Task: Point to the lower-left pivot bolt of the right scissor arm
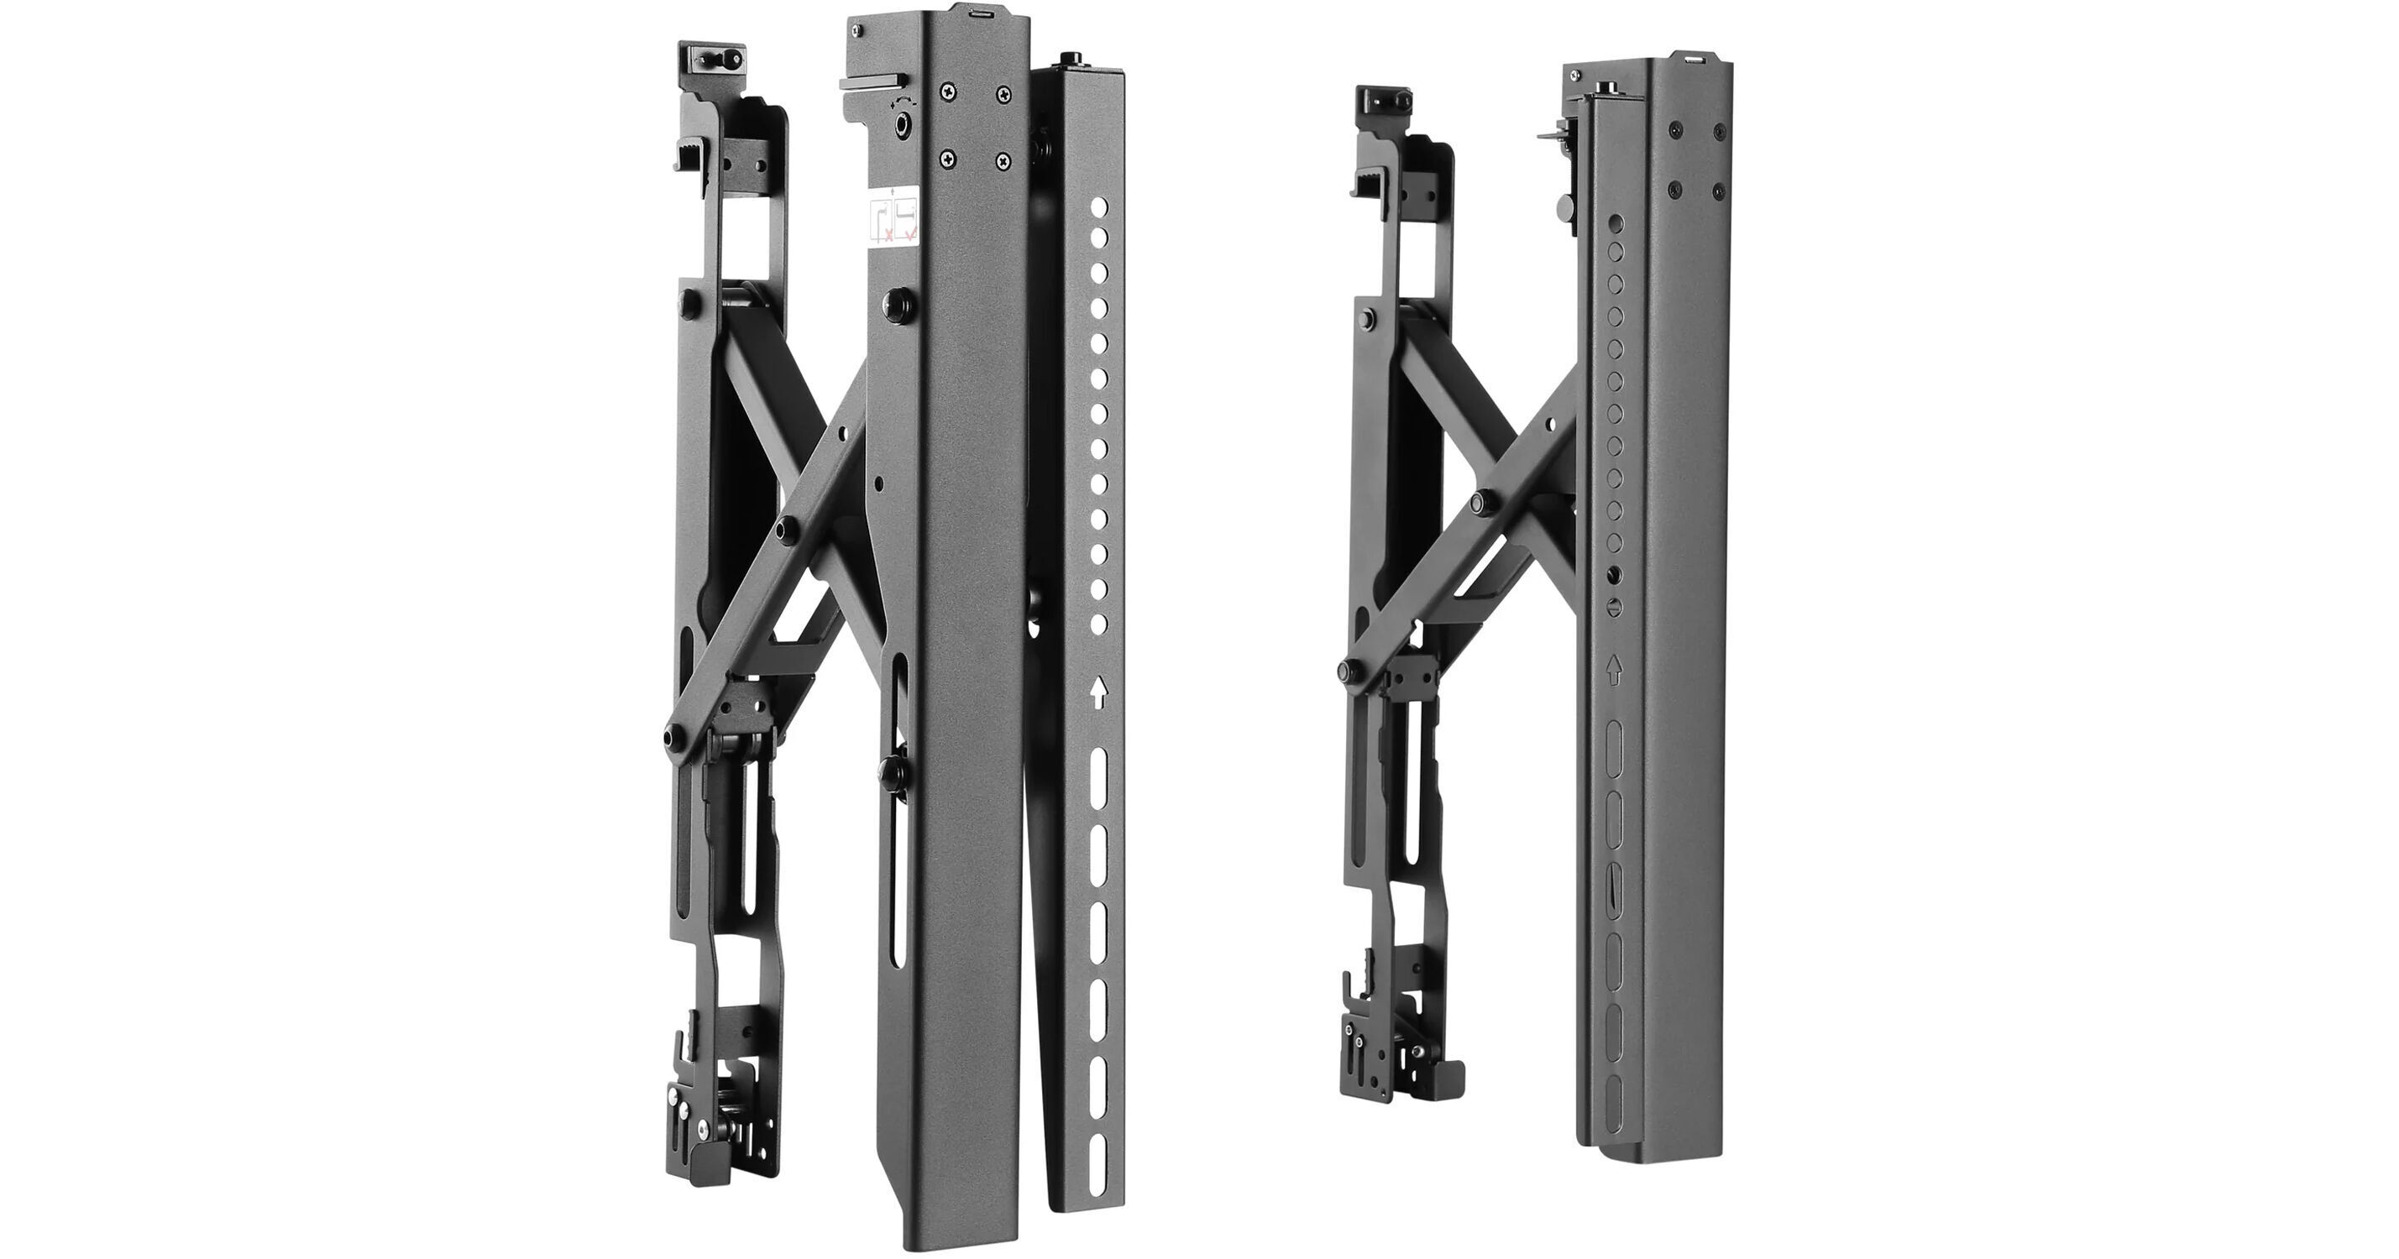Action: (1348, 671)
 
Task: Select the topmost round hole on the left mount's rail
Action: (1100, 205)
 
